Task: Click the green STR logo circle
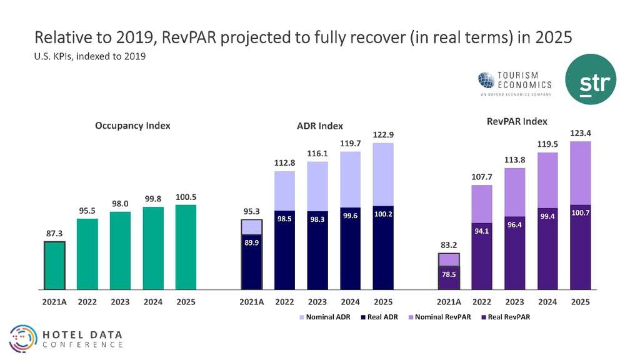(x=591, y=79)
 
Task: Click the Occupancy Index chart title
(x=132, y=126)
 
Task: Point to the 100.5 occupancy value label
(x=186, y=196)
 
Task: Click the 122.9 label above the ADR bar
(x=384, y=134)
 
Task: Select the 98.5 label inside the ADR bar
(x=285, y=219)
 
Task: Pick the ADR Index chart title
(x=319, y=126)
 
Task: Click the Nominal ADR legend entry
(x=323, y=317)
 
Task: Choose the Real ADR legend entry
(x=379, y=317)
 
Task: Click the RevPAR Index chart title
(x=517, y=121)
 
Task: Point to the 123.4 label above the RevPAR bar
(x=581, y=133)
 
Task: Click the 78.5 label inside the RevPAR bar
(x=449, y=273)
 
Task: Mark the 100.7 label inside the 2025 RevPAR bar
(x=581, y=213)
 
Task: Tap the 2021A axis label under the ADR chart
(x=252, y=302)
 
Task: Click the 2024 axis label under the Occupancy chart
(x=153, y=302)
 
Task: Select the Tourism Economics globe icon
(x=486, y=80)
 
